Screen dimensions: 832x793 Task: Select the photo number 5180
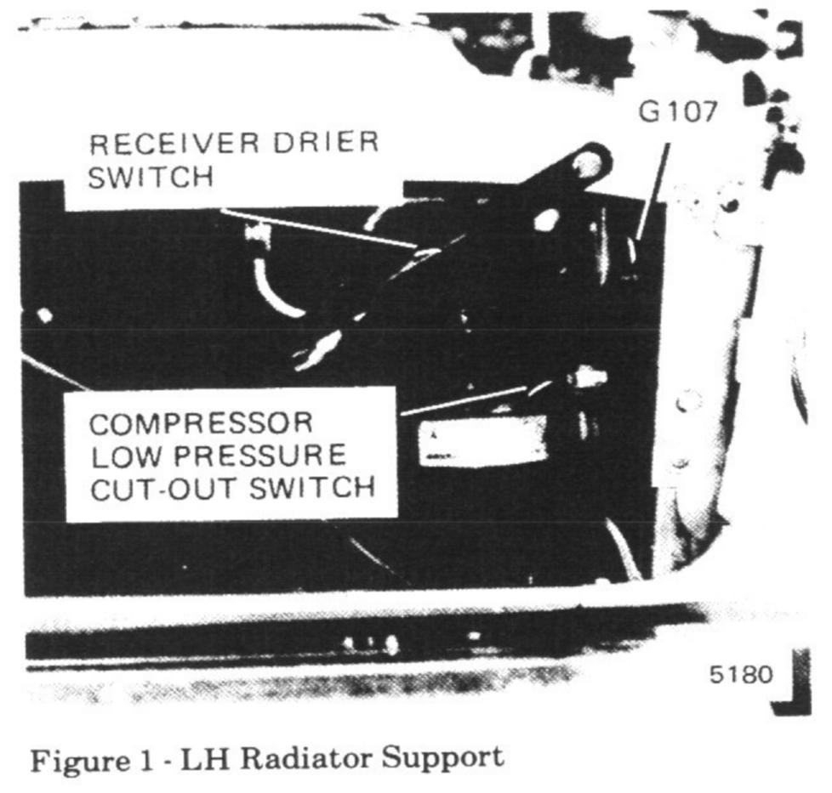741,675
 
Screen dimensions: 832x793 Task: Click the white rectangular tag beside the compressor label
482,443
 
